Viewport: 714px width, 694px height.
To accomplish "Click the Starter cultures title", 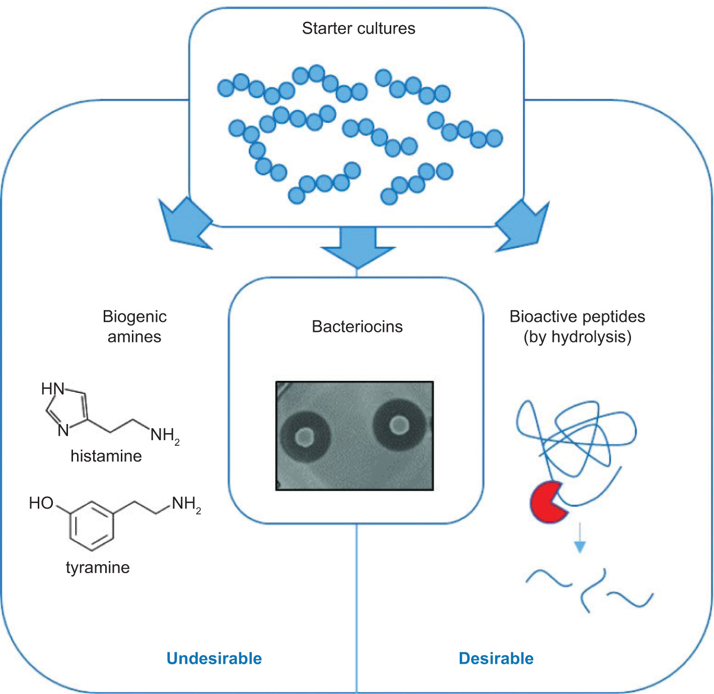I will point(359,28).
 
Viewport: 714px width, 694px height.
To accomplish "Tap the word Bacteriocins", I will point(357,326).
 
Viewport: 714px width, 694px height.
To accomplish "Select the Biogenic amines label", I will point(134,326).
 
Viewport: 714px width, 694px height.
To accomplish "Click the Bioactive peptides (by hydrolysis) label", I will point(577,326).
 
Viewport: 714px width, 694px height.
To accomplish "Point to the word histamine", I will point(106,456).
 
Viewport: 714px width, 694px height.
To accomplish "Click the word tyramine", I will point(98,567).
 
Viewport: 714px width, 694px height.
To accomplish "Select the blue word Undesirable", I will point(214,658).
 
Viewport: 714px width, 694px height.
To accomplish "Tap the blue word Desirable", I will point(496,658).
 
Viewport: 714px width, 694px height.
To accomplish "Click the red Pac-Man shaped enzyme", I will point(547,502).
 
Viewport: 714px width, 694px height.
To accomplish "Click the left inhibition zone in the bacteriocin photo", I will point(305,437).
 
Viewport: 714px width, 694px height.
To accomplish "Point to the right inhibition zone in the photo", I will point(400,425).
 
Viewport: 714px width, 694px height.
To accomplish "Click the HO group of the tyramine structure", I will point(41,503).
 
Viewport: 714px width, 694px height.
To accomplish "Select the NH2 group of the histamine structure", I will point(165,435).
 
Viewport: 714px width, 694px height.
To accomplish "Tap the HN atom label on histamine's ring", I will point(53,389).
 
